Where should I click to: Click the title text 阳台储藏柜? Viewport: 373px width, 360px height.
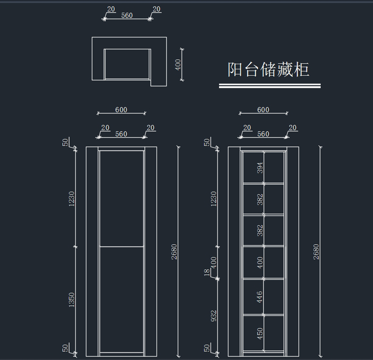coord(268,69)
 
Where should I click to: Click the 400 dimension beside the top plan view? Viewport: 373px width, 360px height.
coord(178,65)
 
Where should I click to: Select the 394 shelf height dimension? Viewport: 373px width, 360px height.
coord(260,168)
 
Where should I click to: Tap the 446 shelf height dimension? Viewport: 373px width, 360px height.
coord(260,297)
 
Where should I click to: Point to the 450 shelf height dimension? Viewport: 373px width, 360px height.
coord(260,334)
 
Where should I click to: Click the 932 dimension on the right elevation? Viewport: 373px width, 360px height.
coord(214,316)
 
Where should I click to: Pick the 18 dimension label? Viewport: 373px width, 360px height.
coord(207,273)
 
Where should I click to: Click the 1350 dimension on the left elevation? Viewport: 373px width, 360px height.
coord(71,300)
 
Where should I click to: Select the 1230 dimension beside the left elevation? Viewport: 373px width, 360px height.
coord(71,199)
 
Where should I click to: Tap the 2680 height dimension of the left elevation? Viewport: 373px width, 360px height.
coord(174,252)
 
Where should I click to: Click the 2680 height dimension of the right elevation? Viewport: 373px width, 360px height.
coord(316,252)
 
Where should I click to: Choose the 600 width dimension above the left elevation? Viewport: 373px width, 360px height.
coord(121,110)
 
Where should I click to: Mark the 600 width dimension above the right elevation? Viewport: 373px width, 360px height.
coord(263,110)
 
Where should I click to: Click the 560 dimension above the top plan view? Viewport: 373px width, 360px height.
coord(127,15)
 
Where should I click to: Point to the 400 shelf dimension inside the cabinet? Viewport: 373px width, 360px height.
coord(260,262)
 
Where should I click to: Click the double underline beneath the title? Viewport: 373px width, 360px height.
coord(270,86)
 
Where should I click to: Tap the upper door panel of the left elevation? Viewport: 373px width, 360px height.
coord(122,198)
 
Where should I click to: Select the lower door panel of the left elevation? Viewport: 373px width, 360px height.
coord(122,299)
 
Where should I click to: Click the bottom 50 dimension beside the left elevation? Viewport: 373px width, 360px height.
coord(65,348)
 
